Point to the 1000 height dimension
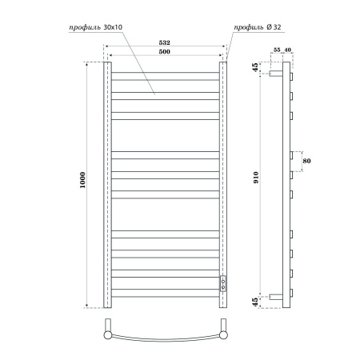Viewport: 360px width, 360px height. point(83,185)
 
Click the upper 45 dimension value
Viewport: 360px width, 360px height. point(254,67)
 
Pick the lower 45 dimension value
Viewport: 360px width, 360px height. point(254,302)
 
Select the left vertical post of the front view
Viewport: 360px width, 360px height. point(105,185)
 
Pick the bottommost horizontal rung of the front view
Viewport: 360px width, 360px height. point(164,294)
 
